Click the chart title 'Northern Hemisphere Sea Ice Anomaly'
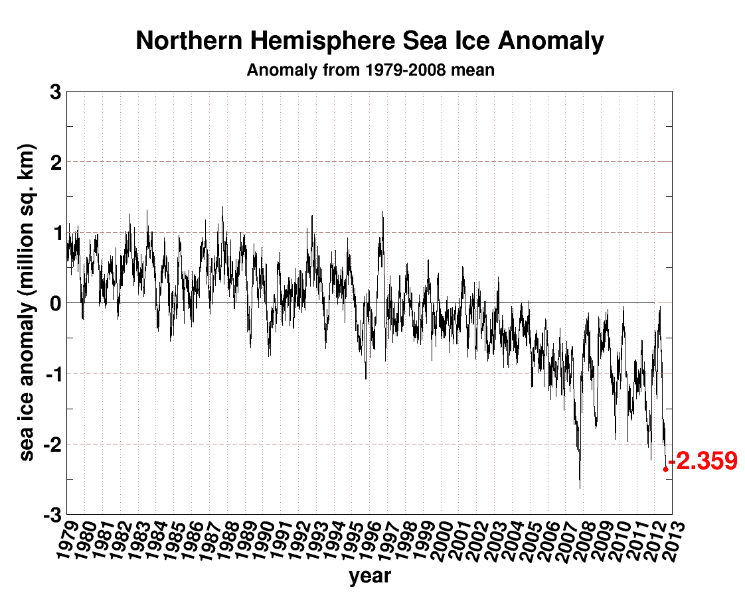[x=370, y=41]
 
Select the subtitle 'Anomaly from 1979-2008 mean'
[x=370, y=70]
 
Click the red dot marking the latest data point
[x=665, y=469]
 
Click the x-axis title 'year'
[x=370, y=576]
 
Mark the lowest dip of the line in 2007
[x=580, y=488]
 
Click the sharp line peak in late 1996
[x=382, y=212]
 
